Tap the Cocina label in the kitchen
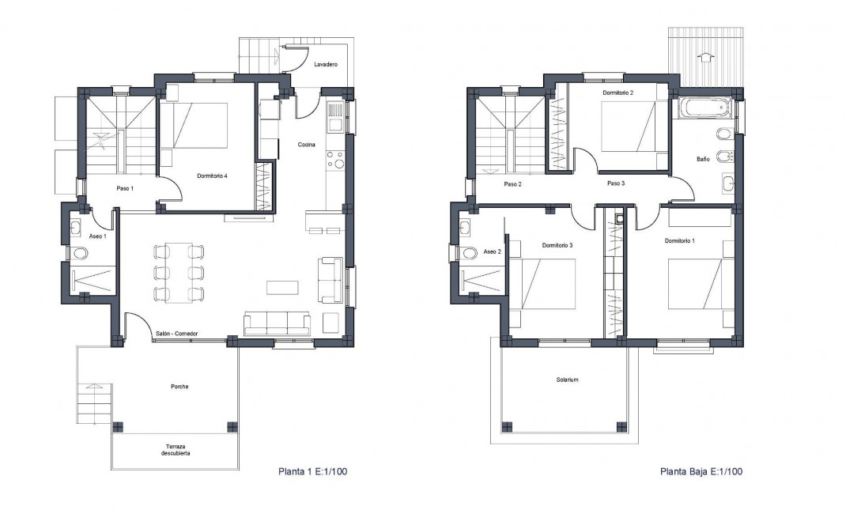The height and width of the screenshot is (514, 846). tap(307, 144)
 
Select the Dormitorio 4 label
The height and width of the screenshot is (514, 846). tap(213, 176)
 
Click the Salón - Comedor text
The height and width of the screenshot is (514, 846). tap(176, 334)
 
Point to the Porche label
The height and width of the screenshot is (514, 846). tap(179, 387)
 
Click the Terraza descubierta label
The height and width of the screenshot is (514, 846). tap(176, 450)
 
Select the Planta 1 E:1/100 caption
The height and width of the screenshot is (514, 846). tap(312, 472)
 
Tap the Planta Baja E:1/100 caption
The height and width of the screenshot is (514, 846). tap(701, 472)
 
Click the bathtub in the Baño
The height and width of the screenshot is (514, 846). tap(703, 108)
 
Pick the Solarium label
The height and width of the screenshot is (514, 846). tap(567, 380)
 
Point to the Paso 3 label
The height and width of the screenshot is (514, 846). tap(616, 183)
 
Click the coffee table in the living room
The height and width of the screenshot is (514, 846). tap(282, 285)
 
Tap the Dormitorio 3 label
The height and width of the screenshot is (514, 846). tap(557, 245)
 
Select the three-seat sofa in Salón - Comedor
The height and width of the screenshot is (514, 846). tap(277, 323)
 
